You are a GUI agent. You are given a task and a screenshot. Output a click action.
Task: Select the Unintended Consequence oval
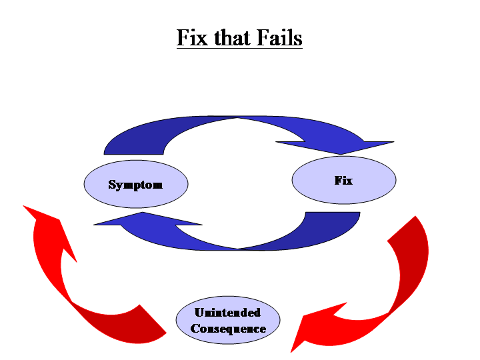tap(228, 321)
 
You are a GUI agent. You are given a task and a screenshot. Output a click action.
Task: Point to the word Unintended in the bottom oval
tap(227, 312)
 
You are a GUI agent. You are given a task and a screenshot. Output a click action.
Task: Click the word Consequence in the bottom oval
tap(228, 329)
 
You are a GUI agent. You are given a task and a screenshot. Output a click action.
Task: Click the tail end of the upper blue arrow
tap(113, 147)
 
